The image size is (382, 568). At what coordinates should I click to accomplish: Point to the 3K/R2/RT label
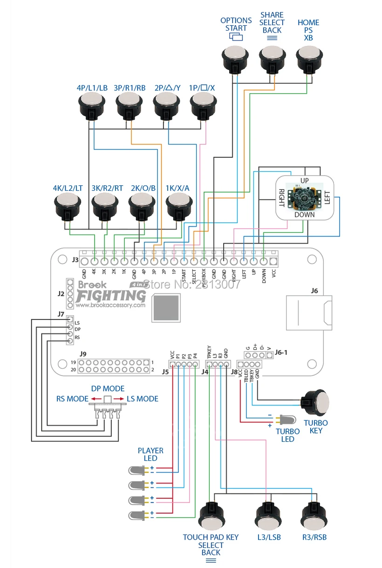(x=108, y=188)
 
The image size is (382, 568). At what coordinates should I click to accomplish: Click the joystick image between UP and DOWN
(x=304, y=197)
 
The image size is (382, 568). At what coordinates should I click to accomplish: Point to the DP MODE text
(x=108, y=389)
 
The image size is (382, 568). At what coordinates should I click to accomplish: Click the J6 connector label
(x=314, y=291)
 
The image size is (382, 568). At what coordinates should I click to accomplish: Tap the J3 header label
(x=75, y=261)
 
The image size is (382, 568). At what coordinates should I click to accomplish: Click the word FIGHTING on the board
(x=111, y=295)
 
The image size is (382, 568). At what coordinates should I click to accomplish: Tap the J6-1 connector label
(x=281, y=352)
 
